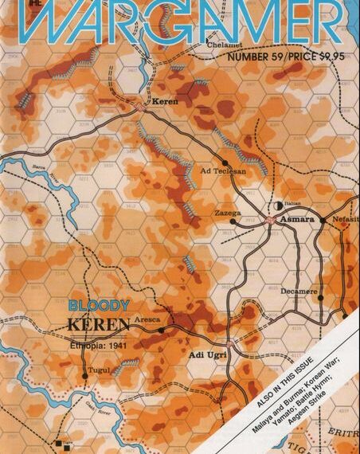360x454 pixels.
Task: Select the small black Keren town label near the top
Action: pos(163,102)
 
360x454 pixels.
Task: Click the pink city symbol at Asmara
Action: pos(272,218)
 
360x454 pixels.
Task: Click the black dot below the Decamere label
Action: pos(322,300)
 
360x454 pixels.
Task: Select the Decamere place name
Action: pos(299,292)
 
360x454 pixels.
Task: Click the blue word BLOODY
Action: pos(91,305)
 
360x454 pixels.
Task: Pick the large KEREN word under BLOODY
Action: pos(96,325)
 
